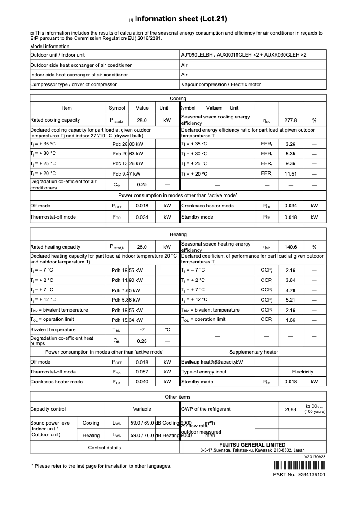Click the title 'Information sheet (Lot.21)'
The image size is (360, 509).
pyautogui.click(x=180, y=19)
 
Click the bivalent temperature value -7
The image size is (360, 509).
pyautogui.click(x=142, y=329)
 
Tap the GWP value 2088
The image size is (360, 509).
pyautogui.click(x=291, y=409)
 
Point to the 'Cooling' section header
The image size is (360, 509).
pyautogui.click(x=178, y=98)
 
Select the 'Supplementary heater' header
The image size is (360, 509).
pyautogui.click(x=254, y=352)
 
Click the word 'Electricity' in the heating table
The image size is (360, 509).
pyautogui.click(x=303, y=372)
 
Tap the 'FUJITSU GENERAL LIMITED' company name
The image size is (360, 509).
pyautogui.click(x=252, y=445)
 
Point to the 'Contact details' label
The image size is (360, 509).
pyautogui.click(x=105, y=448)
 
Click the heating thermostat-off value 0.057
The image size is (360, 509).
pyautogui.click(x=142, y=372)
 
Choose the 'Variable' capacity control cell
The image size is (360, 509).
pyautogui.click(x=142, y=409)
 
